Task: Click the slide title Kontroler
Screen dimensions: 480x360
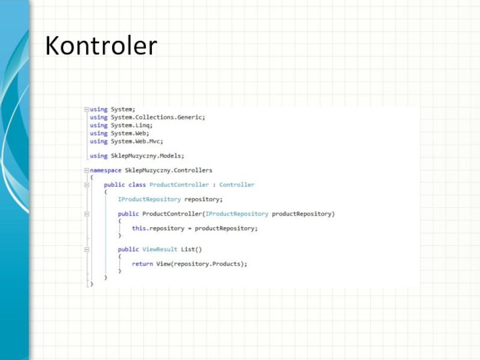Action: tap(101, 46)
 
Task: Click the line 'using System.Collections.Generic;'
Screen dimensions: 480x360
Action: tap(147, 118)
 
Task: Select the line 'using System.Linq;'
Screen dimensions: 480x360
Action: tap(121, 125)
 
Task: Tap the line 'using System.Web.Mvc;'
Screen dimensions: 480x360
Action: tap(126, 142)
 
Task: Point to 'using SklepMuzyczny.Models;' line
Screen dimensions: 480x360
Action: tap(137, 156)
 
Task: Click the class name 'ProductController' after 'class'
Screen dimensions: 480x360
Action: tap(179, 185)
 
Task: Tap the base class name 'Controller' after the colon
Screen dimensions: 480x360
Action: tap(236, 185)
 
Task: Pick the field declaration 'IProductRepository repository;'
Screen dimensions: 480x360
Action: tap(170, 199)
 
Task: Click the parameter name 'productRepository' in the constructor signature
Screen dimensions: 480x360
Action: tap(302, 214)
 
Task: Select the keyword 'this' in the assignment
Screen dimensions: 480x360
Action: tap(139, 228)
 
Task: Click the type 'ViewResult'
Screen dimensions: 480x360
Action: tap(160, 249)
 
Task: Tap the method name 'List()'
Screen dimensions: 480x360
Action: tap(191, 249)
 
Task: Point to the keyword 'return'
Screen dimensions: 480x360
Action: tap(142, 263)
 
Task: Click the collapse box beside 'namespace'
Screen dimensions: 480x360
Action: tap(87, 170)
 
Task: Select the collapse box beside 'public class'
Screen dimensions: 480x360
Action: tap(87, 185)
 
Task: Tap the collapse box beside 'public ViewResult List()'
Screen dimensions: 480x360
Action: tap(87, 249)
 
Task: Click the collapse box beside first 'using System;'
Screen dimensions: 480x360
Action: tap(87, 110)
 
